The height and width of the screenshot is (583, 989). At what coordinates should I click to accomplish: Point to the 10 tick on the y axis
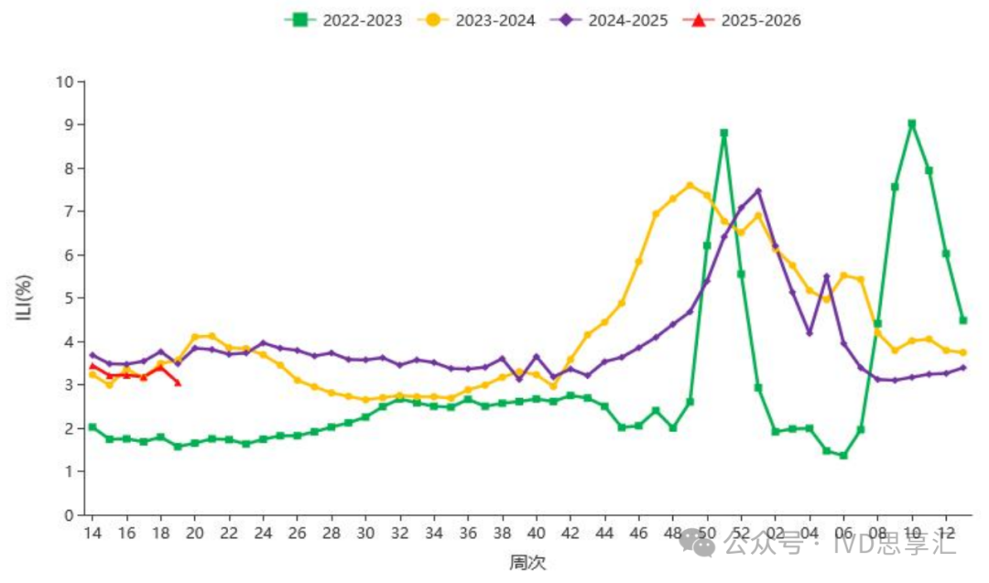tap(64, 81)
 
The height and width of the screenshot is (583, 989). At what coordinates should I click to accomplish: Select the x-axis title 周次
tap(527, 562)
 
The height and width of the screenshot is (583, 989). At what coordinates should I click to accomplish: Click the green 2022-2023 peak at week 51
tap(724, 134)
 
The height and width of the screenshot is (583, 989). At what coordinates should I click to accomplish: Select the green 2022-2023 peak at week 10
tap(912, 124)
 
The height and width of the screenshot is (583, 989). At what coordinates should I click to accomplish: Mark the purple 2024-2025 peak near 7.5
tap(758, 191)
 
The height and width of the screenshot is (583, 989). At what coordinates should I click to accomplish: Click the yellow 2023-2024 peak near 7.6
tap(690, 186)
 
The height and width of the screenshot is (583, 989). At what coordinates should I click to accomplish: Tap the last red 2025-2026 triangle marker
tap(178, 383)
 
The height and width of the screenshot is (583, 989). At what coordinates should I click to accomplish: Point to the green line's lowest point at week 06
tap(843, 456)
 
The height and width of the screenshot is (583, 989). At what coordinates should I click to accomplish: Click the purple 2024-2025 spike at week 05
tap(826, 276)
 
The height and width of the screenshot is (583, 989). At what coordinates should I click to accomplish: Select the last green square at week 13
tap(963, 320)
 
